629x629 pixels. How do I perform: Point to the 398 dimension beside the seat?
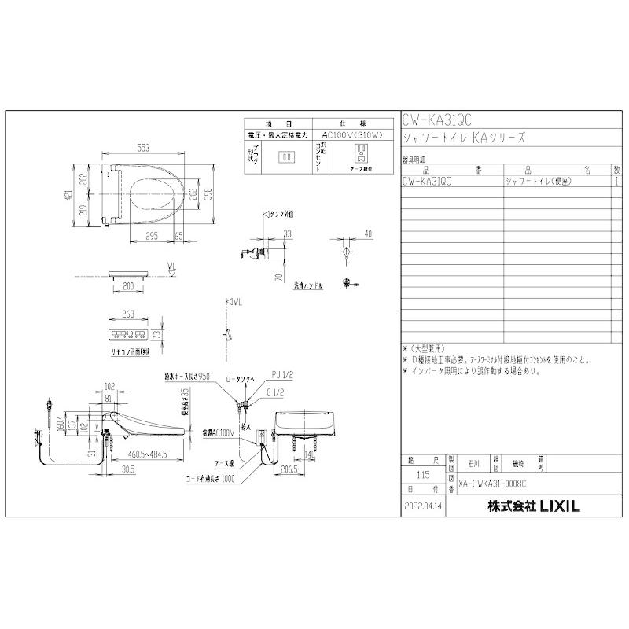pyautogui.click(x=208, y=193)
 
